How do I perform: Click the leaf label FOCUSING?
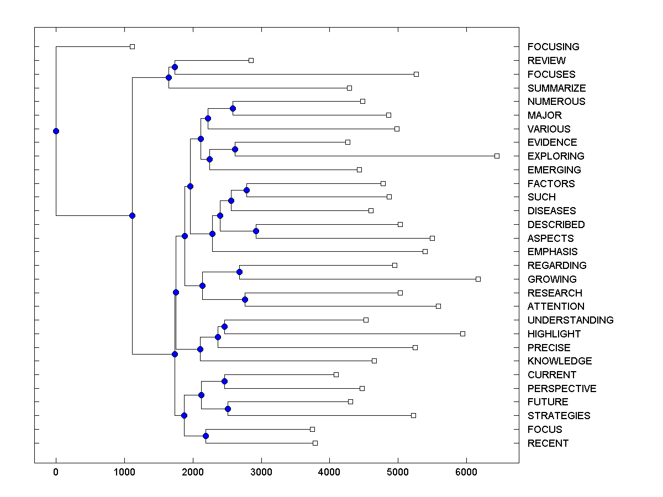click(553, 47)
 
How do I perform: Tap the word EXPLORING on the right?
click(555, 156)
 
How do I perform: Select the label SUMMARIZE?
click(556, 88)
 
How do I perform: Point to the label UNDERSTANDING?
click(570, 320)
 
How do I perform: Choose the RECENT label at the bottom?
click(548, 443)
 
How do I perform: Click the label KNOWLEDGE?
click(560, 361)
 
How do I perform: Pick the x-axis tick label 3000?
click(261, 471)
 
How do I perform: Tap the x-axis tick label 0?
click(56, 471)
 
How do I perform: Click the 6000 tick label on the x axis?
click(466, 471)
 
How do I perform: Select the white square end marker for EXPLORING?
click(497, 156)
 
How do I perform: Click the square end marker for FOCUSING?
click(132, 47)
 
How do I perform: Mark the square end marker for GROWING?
click(478, 279)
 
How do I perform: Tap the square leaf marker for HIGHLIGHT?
click(462, 334)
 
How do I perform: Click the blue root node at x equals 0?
click(56, 131)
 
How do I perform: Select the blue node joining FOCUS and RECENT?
click(206, 436)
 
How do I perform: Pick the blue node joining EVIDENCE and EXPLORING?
click(235, 149)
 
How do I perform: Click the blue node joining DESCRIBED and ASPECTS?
click(256, 231)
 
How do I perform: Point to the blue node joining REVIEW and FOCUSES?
click(175, 67)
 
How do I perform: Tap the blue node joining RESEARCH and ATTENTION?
click(245, 299)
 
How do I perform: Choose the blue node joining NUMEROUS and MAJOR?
click(233, 108)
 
